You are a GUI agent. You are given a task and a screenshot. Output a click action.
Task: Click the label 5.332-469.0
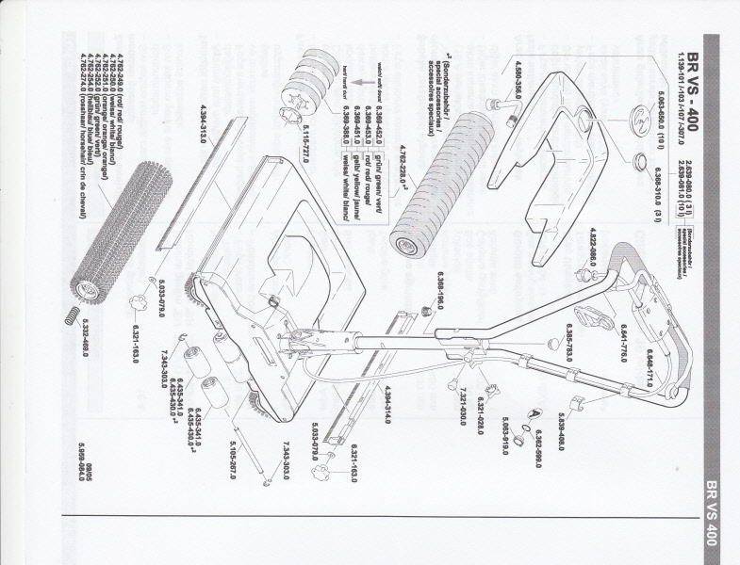click(x=85, y=336)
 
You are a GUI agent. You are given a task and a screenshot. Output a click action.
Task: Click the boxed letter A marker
click(x=534, y=414)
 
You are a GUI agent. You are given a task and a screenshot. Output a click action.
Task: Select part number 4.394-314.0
click(x=385, y=406)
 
